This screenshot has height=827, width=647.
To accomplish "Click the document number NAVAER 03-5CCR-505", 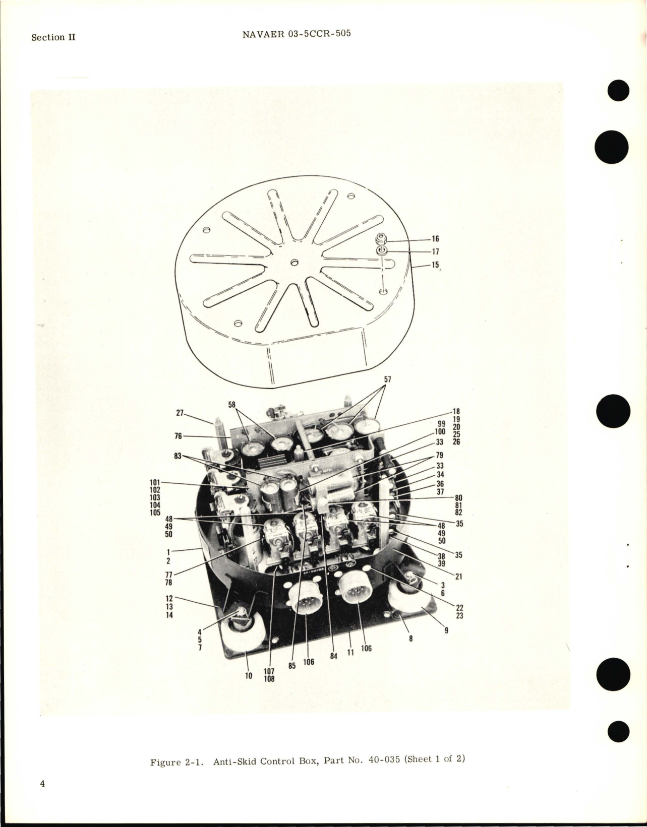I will [x=297, y=34].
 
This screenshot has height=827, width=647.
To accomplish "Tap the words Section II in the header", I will [x=53, y=37].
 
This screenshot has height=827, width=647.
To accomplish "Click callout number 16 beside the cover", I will [x=435, y=239].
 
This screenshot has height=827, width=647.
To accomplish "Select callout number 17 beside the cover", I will [x=435, y=251].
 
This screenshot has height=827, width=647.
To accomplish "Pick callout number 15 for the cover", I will [x=435, y=265].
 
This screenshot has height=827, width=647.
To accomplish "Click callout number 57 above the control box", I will [x=387, y=379].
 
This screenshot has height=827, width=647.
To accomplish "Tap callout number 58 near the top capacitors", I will [x=232, y=405].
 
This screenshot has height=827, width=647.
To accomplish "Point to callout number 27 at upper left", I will [x=180, y=413].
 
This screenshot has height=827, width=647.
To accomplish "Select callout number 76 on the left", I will [x=178, y=436].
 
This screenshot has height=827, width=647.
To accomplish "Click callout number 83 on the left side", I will [x=178, y=456].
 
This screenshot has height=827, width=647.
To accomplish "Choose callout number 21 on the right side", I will [x=458, y=577].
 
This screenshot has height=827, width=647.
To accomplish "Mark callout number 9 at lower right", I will [x=446, y=629].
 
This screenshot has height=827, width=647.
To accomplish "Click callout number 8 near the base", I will [x=410, y=638].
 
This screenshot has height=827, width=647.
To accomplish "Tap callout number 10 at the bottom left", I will [x=249, y=676].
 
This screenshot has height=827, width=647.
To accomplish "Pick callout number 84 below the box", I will [x=333, y=656].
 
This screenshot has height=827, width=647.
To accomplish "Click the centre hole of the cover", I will [x=295, y=262].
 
